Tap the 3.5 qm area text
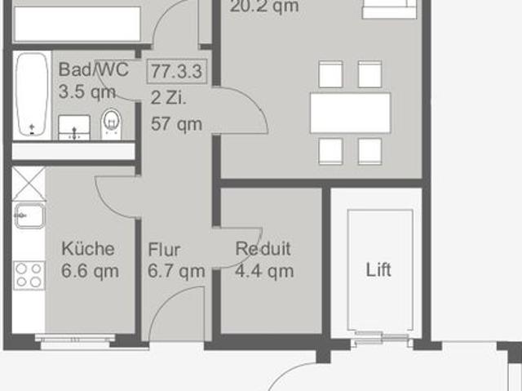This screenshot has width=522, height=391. point(87,91)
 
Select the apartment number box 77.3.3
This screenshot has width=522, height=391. point(176,71)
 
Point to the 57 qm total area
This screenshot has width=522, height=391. point(176,123)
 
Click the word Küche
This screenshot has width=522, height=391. point(89,249)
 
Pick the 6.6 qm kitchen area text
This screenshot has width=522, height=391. point(90,271)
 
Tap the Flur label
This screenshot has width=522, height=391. point(164,250)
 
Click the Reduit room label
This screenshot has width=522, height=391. point(263,250)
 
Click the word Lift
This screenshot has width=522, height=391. point(378,269)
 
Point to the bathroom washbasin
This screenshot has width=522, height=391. point(75,128)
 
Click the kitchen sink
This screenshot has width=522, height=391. point(29,215)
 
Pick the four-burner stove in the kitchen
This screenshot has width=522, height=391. point(29,275)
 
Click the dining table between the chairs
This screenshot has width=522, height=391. point(351,113)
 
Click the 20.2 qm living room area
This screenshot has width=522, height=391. point(264,7)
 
